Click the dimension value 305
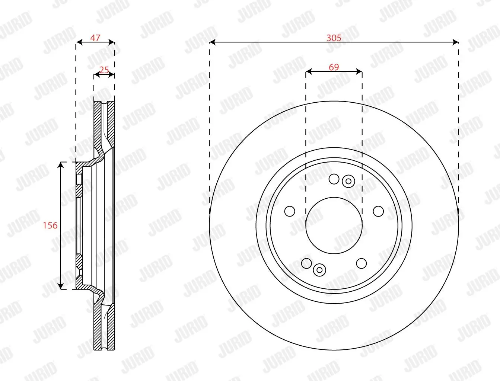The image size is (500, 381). pyautogui.click(x=334, y=38)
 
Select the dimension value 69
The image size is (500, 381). pyautogui.click(x=334, y=67)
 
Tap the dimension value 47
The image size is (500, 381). pyautogui.click(x=95, y=38)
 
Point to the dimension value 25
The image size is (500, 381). pyautogui.click(x=104, y=70)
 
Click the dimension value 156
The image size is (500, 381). pyautogui.click(x=50, y=225)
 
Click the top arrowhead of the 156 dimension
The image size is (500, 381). pyautogui.click(x=61, y=165)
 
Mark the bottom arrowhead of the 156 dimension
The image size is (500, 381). pyautogui.click(x=61, y=286)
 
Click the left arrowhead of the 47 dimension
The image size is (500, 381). pyautogui.click(x=79, y=42)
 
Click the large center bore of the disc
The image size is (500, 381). pyautogui.click(x=334, y=225)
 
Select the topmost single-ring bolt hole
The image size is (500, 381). pyautogui.click(x=334, y=179)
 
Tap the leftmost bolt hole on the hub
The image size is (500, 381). pyautogui.click(x=290, y=211)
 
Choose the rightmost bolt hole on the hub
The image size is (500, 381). pyautogui.click(x=378, y=211)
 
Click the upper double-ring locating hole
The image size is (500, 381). pyautogui.click(x=348, y=181)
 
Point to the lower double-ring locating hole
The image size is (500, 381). pyautogui.click(x=319, y=270)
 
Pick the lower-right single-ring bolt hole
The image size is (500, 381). pyautogui.click(x=361, y=263)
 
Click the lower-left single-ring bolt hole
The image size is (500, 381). pyautogui.click(x=306, y=263)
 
